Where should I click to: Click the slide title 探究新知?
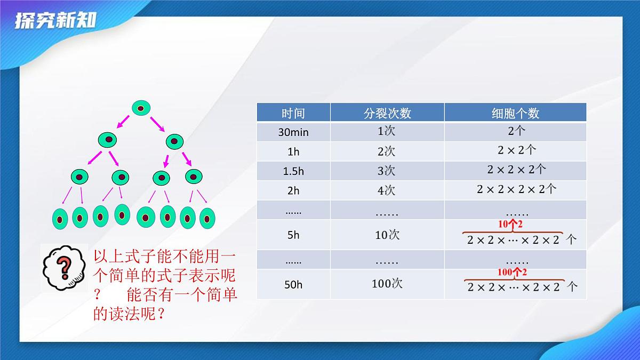55,21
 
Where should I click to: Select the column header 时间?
293,113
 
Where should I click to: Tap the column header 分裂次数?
387,113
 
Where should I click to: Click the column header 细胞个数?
515,113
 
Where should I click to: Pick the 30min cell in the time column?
293,132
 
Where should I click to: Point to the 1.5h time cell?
293,171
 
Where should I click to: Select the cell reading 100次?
387,284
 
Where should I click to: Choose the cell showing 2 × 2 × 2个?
516,170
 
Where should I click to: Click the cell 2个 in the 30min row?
516,131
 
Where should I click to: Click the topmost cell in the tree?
141,109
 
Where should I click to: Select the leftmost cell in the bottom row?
60,218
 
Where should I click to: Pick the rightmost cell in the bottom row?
207,218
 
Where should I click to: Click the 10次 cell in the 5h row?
387,235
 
